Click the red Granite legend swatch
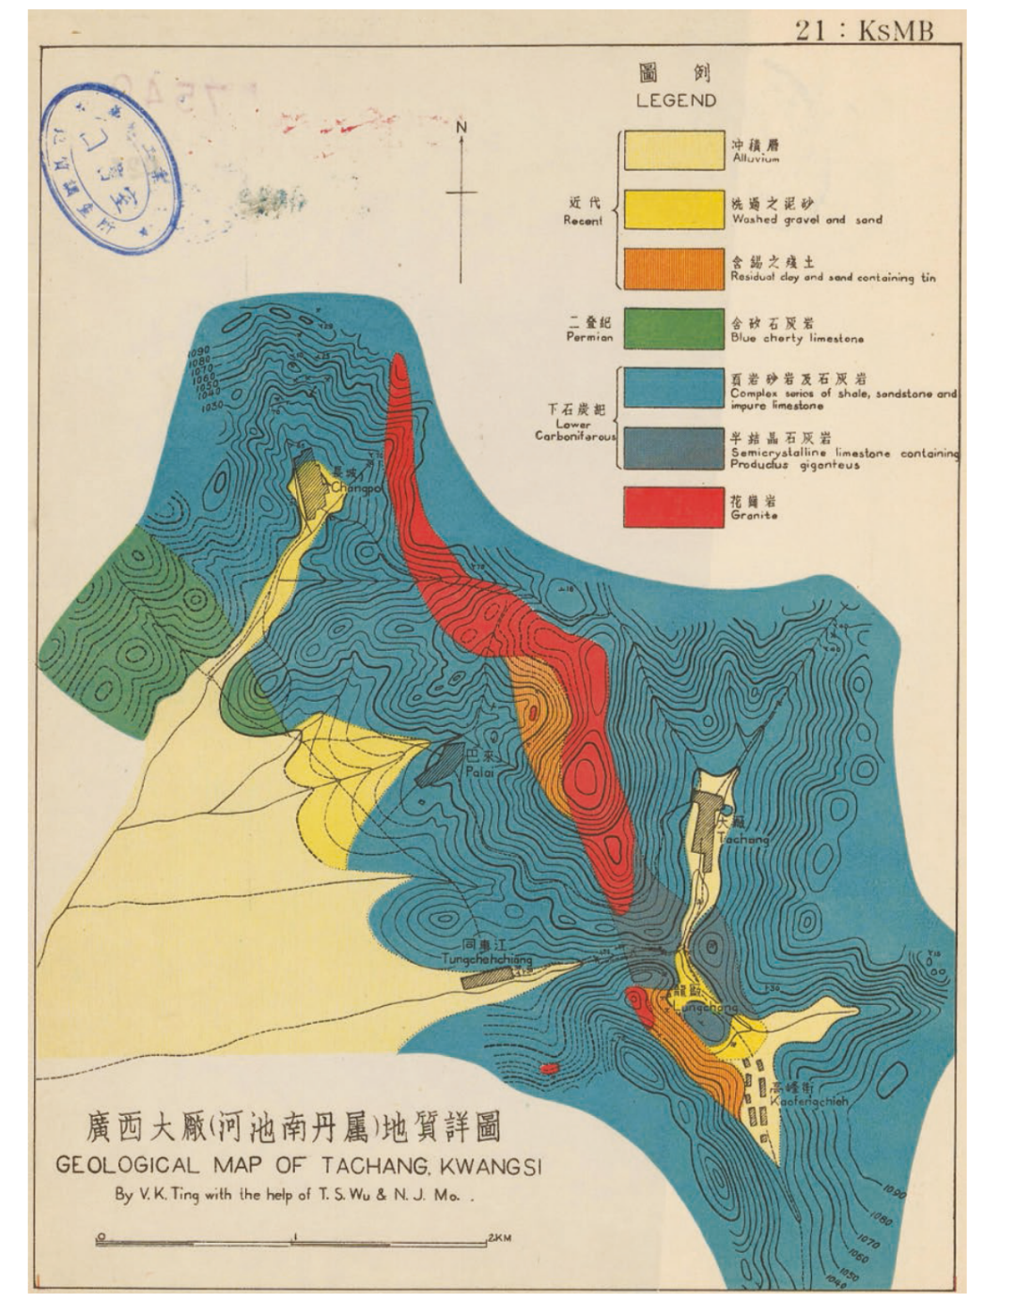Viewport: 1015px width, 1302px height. coord(673,506)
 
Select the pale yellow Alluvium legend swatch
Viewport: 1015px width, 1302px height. coord(673,150)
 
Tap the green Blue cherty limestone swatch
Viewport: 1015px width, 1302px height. coord(673,329)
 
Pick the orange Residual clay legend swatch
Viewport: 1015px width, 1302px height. coord(673,269)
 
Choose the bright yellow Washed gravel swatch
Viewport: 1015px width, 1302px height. coord(673,209)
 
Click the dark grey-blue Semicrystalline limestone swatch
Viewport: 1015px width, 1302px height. coord(673,448)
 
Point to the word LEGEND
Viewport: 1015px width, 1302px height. coord(676,101)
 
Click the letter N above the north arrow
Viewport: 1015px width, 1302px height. coord(461,127)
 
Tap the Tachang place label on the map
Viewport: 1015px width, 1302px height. coord(742,839)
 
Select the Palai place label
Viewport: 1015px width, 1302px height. coord(479,772)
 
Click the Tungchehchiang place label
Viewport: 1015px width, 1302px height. coord(487,959)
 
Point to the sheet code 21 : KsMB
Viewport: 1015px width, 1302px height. coord(864,30)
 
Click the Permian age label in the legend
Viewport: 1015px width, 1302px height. coord(589,336)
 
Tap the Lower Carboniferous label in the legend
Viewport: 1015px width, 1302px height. coord(575,429)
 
